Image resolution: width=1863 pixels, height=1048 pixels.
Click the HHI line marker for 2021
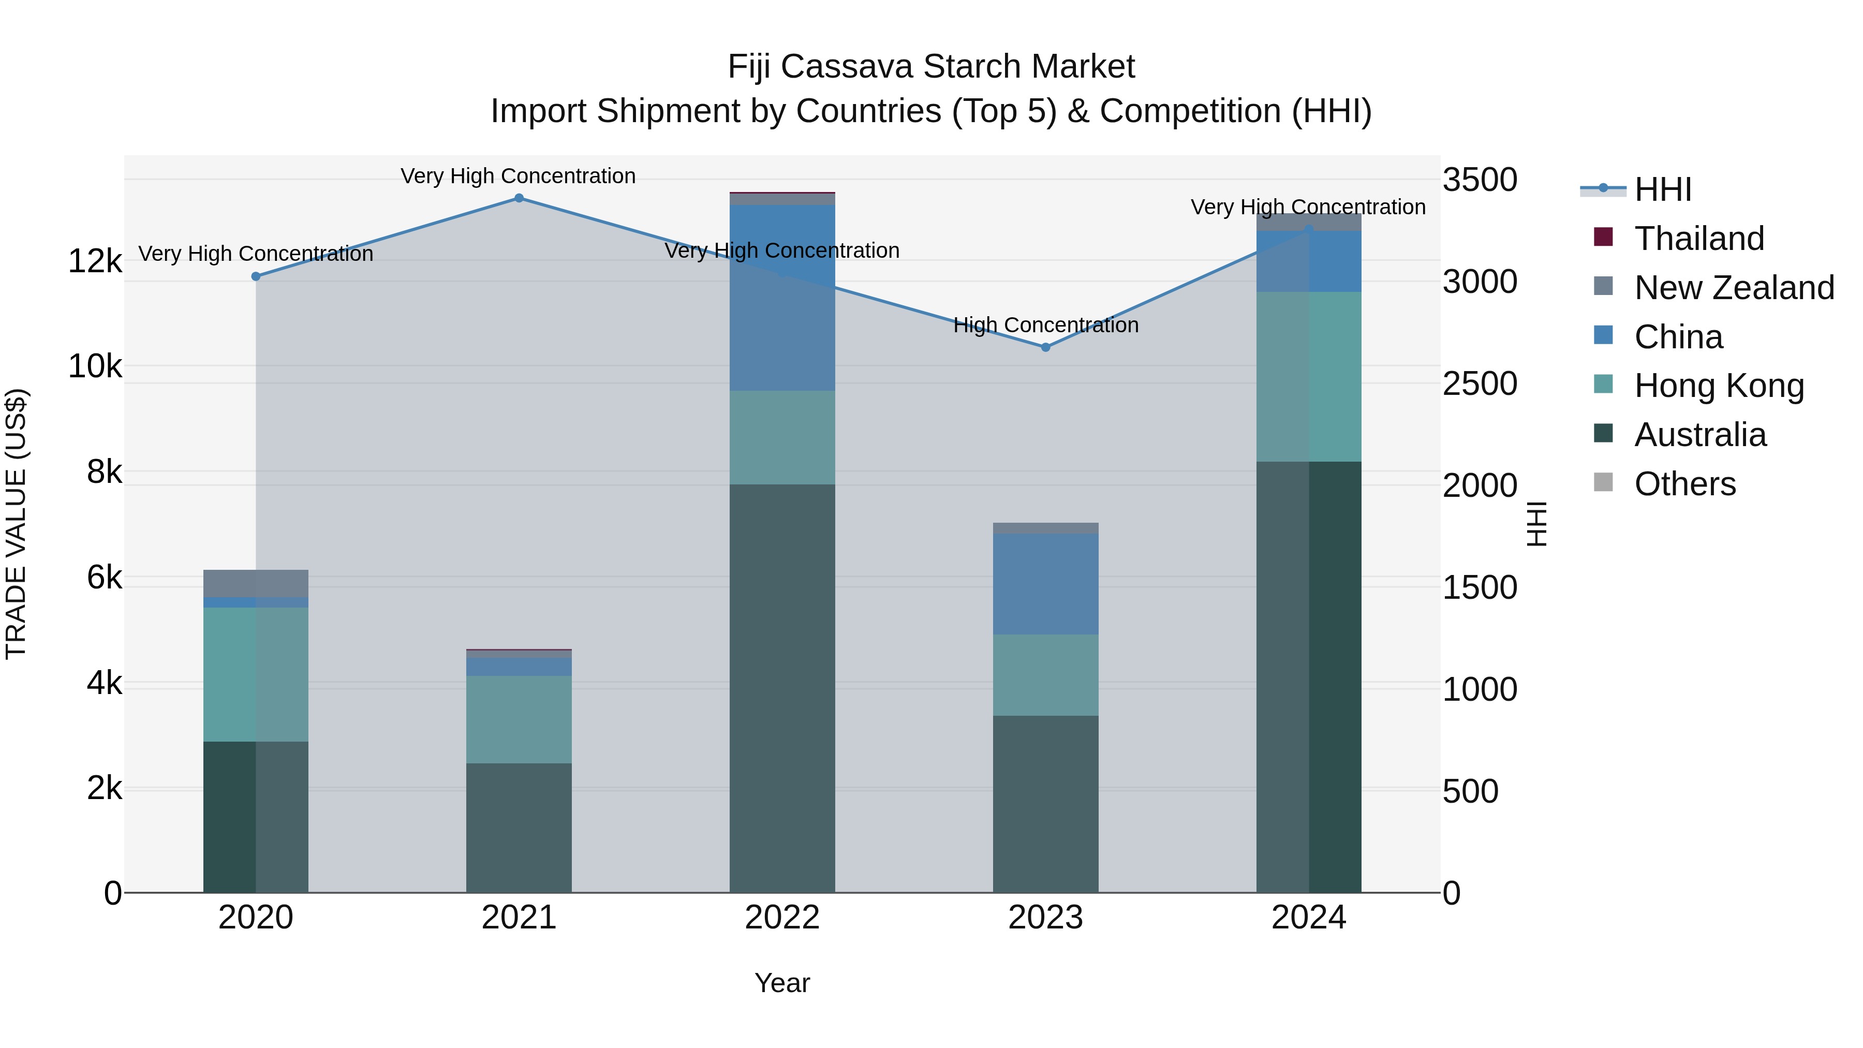519,198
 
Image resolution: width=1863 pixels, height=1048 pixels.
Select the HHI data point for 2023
1045,347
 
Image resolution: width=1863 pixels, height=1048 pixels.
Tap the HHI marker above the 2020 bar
255,276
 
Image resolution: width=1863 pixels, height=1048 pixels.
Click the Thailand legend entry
1699,239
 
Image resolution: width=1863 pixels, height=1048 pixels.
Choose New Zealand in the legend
1734,288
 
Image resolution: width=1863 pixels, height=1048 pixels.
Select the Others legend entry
1684,484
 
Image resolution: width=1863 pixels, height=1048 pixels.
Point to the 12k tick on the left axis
95,261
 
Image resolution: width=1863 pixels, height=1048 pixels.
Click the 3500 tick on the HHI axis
1480,180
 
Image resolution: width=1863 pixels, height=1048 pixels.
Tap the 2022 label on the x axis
782,918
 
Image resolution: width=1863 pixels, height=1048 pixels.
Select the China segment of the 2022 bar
782,298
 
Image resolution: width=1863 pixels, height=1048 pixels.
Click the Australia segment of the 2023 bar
1045,803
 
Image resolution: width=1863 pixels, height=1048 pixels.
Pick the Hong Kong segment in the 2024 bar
1308,376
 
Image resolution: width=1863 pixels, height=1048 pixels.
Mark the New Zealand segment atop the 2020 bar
255,583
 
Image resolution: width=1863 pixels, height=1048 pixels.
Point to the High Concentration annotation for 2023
1045,326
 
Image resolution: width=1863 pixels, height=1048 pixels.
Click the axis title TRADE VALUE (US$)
16,524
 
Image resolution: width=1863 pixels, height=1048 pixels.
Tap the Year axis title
782,983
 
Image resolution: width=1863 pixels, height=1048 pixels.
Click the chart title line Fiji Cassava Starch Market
931,67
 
